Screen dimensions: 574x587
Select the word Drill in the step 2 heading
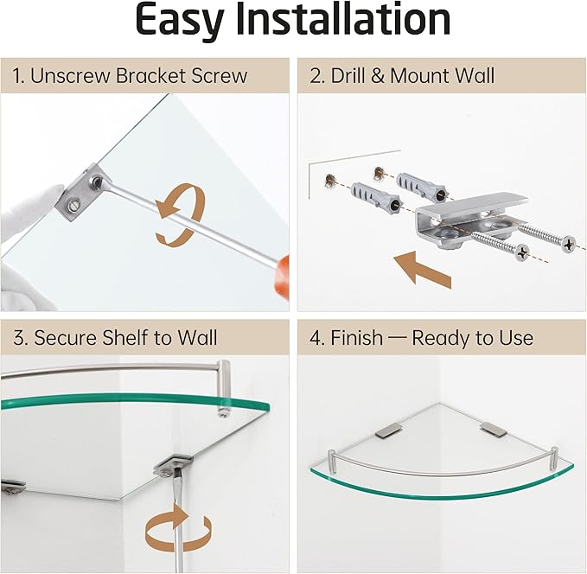[x=350, y=76]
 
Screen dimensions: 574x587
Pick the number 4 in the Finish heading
[x=315, y=337]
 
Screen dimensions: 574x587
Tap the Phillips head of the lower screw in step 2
[x=521, y=252]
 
